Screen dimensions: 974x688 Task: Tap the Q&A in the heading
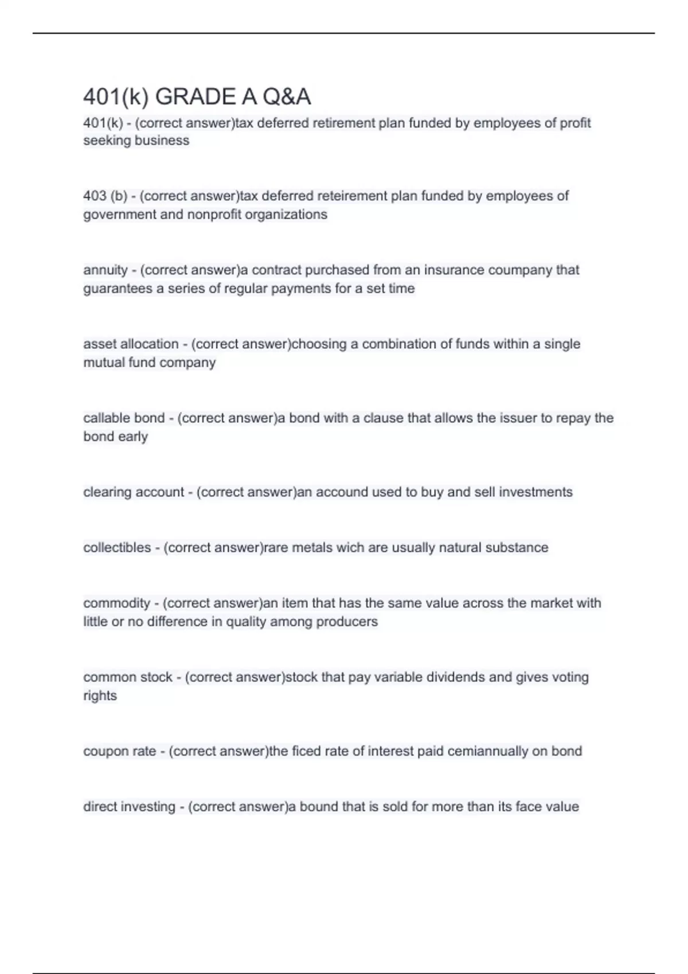coord(287,97)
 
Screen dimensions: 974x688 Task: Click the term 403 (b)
coord(105,196)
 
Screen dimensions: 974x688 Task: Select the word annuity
coord(105,270)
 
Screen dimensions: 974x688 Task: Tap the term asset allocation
coord(131,344)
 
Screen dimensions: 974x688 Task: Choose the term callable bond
coord(124,418)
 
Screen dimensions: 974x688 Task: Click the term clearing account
coord(134,492)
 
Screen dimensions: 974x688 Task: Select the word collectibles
coord(117,548)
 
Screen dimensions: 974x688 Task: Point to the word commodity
coord(116,603)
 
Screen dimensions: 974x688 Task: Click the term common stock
coord(127,677)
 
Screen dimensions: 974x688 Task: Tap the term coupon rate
coord(119,751)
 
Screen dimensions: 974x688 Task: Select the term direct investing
coord(129,807)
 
